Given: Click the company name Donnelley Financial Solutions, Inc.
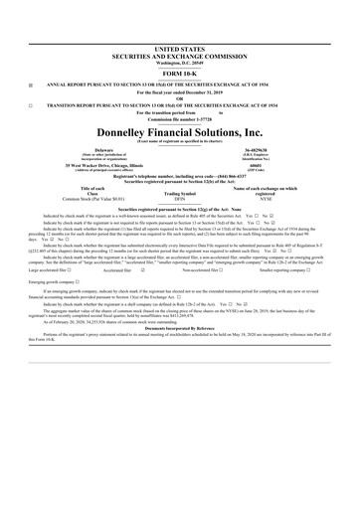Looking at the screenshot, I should (179, 130).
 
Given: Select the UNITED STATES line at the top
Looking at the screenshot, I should (179, 49).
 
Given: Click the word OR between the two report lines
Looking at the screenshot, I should (179, 96).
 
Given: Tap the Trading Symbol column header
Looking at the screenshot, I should (179, 193).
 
